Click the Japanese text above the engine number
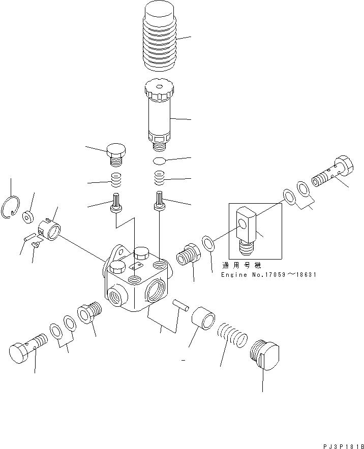tap(239, 266)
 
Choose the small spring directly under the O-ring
tap(160, 178)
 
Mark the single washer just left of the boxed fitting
tap(208, 242)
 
